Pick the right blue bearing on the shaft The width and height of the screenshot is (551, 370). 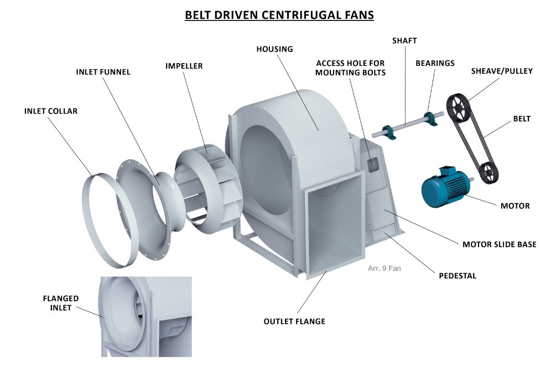point(430,117)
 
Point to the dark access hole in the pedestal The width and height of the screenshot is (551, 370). point(372,162)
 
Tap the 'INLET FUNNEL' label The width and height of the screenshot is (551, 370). point(103,72)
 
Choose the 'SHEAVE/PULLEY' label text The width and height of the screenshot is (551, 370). point(502,71)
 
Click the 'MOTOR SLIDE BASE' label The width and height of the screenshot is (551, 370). point(499,244)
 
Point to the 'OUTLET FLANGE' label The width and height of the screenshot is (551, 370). point(294,321)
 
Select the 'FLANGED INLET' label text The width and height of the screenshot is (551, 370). point(61,303)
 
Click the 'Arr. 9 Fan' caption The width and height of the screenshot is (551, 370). point(384,269)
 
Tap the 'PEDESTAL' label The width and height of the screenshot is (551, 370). point(458,275)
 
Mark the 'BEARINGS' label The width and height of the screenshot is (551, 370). point(435,63)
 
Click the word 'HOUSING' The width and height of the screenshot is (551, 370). point(274,49)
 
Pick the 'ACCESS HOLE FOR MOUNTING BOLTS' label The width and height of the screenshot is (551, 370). point(351,68)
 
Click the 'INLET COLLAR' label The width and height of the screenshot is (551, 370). point(51,111)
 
